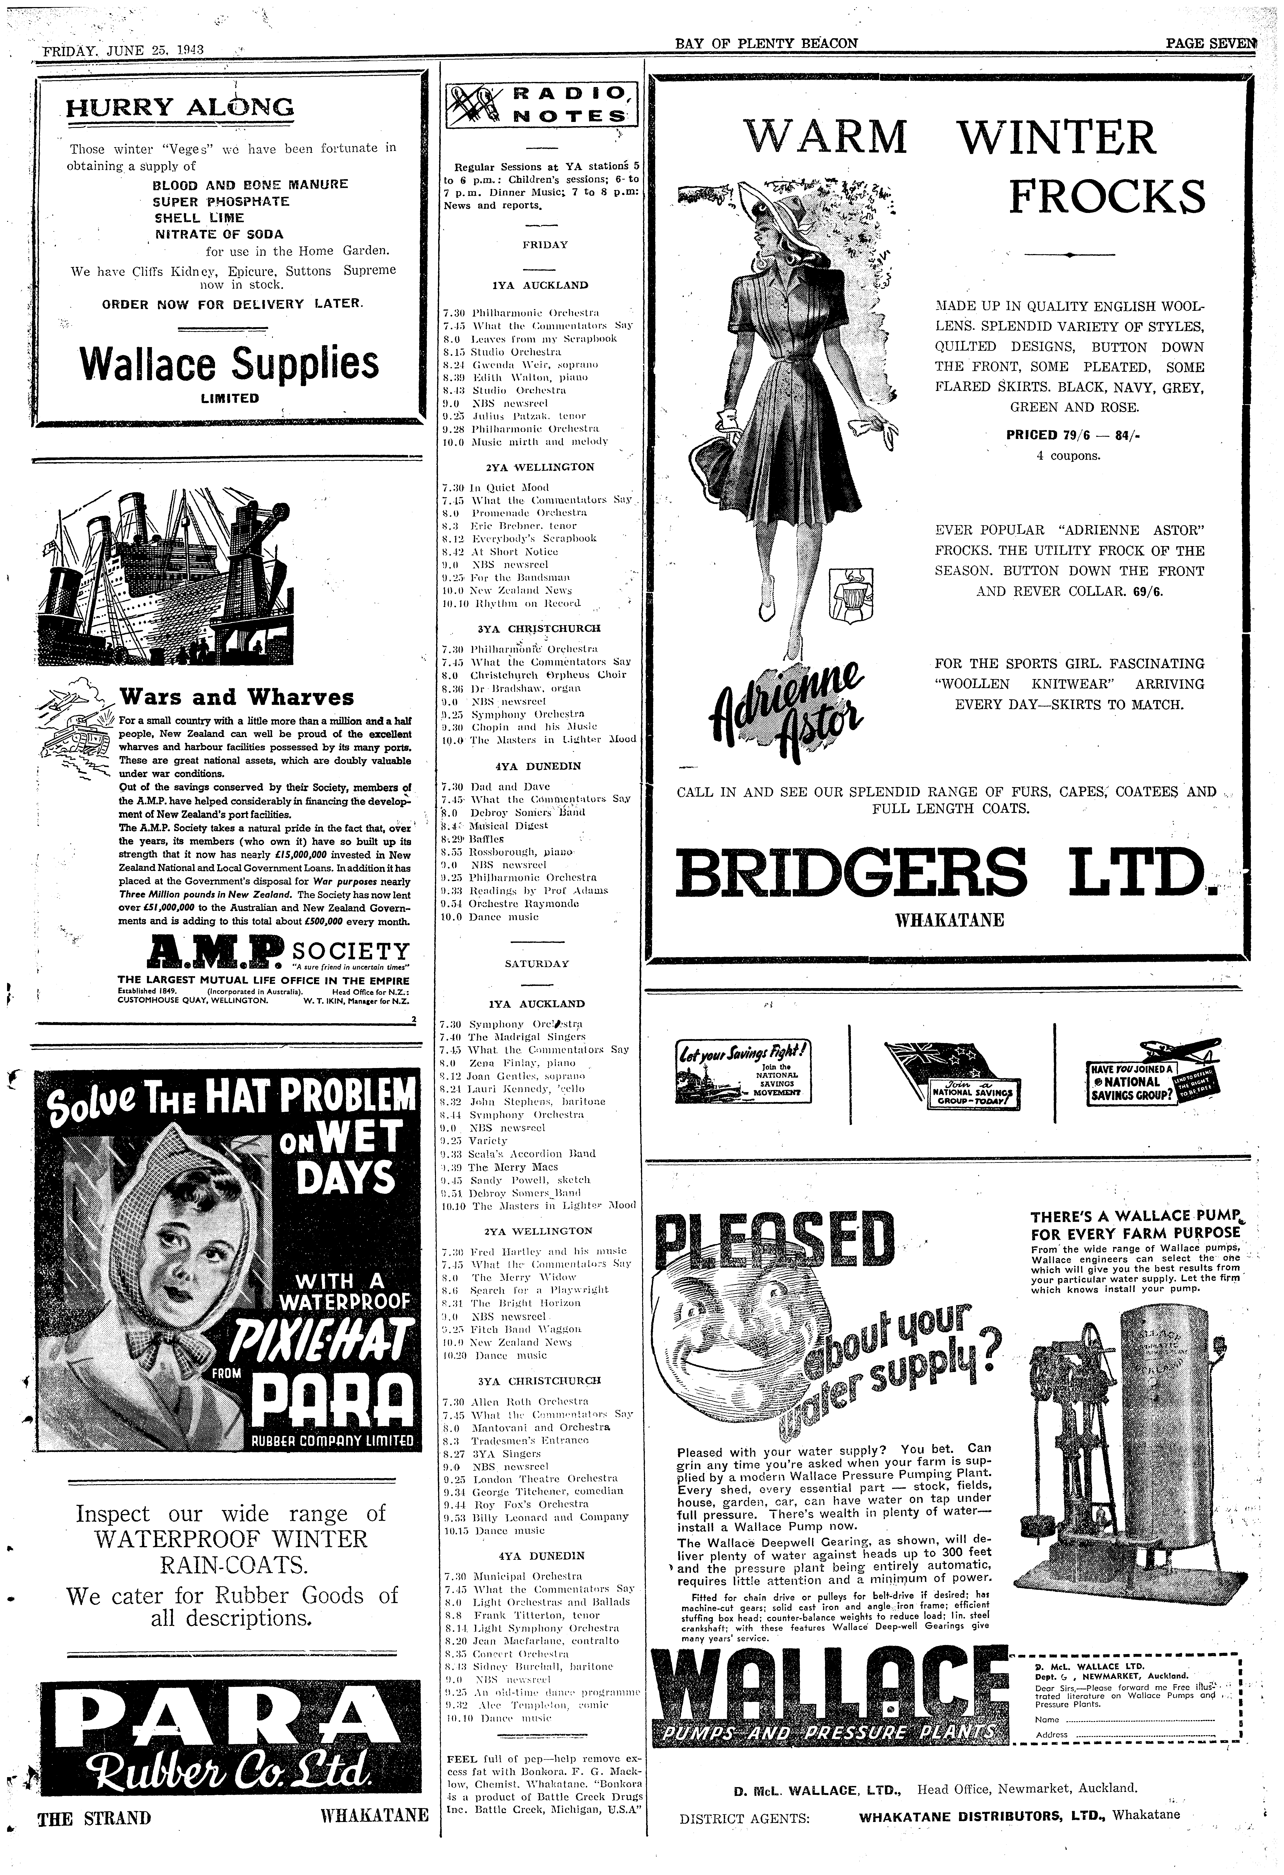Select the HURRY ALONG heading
[x=180, y=107]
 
